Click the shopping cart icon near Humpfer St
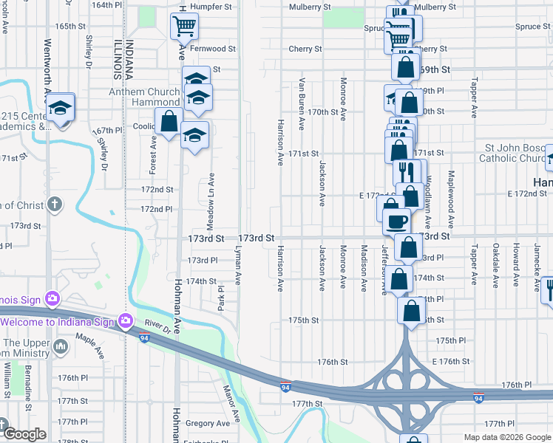tap(184, 27)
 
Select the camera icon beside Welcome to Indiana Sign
tap(125, 320)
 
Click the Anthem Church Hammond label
tap(145, 97)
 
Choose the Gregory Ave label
tap(208, 423)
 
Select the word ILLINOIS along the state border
tap(118, 59)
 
